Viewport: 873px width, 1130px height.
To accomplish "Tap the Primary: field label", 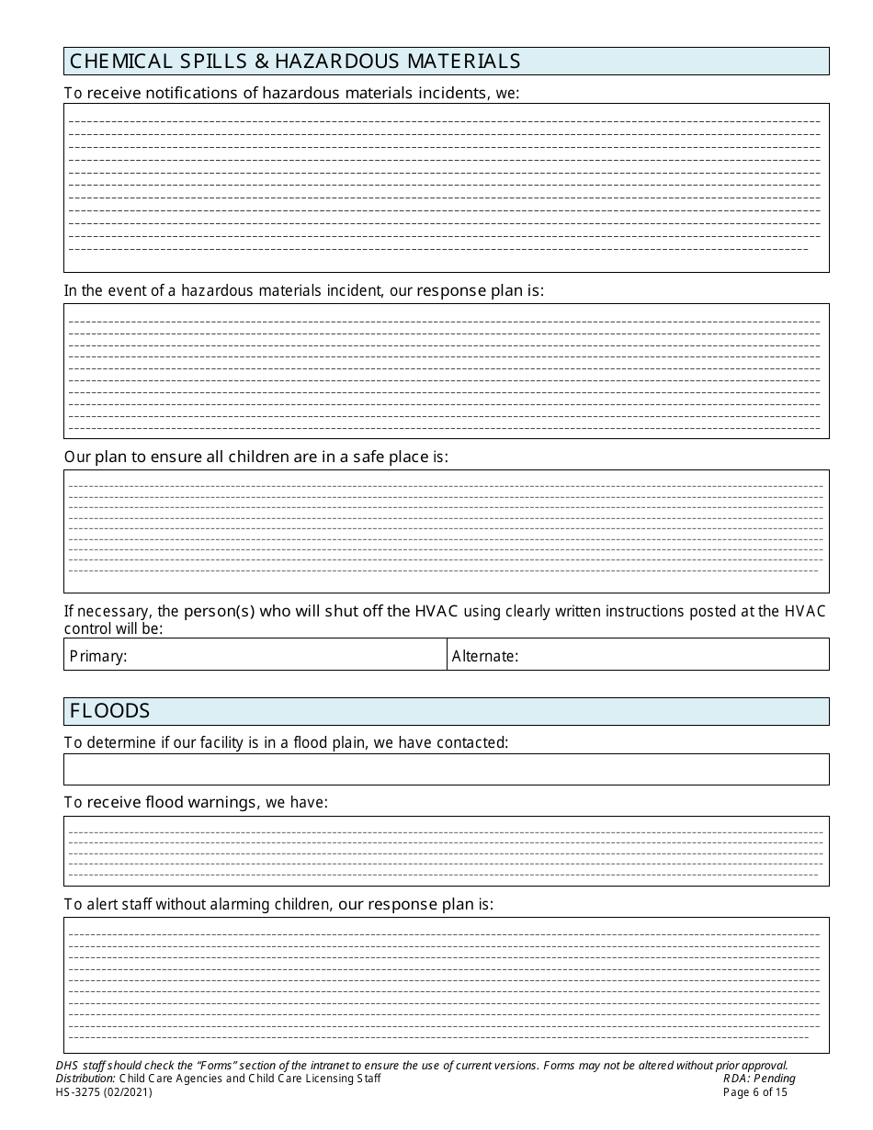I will click(x=98, y=656).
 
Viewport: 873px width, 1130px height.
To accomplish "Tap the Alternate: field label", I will click(x=485, y=656).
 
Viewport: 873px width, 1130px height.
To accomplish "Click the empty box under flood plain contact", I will click(x=446, y=769).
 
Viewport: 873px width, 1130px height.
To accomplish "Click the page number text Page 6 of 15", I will click(x=755, y=1092).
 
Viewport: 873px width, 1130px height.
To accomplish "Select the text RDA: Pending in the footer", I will click(x=759, y=1079).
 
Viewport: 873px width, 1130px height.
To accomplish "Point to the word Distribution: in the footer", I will click(x=85, y=1079).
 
